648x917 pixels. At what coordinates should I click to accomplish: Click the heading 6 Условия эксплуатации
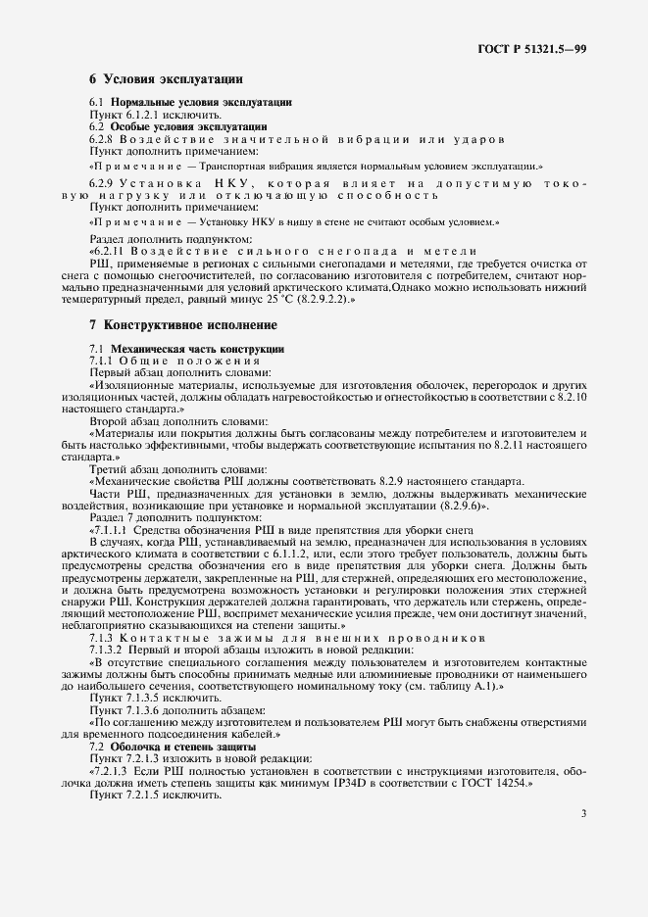[167, 79]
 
